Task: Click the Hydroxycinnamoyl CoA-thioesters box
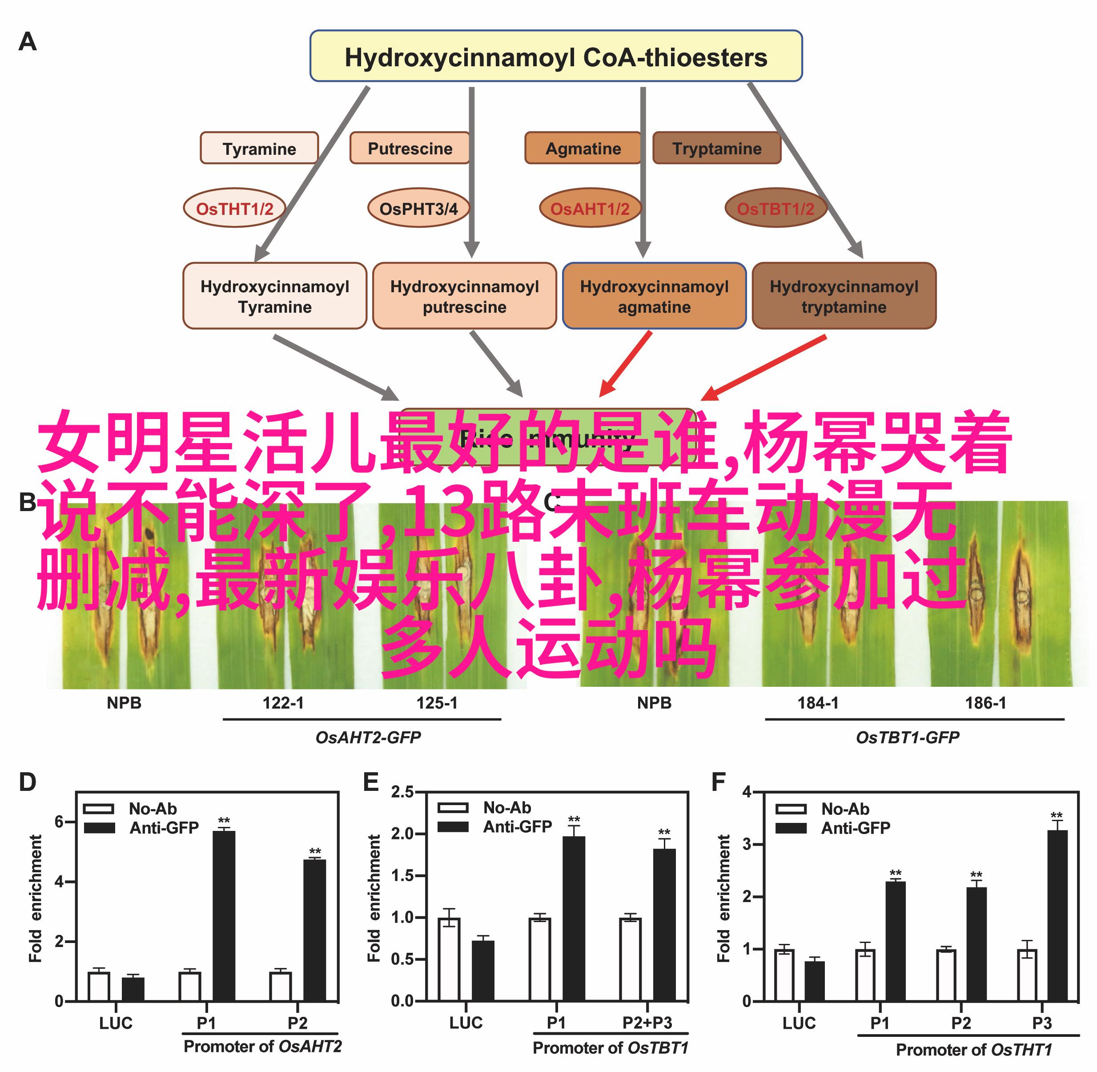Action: click(555, 56)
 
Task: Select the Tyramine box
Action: click(259, 149)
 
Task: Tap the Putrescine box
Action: click(409, 149)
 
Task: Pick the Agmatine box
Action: click(583, 149)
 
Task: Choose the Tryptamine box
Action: click(716, 149)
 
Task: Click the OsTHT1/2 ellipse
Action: click(234, 208)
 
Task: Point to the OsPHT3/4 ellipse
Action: click(418, 208)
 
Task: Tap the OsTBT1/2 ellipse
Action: click(775, 208)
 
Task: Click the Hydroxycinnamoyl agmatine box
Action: click(654, 296)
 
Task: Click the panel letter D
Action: click(27, 782)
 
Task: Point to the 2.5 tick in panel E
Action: click(402, 792)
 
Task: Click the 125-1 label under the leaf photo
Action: click(437, 703)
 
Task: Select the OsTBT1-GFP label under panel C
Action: click(907, 738)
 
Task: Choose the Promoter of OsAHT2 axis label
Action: click(262, 1047)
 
